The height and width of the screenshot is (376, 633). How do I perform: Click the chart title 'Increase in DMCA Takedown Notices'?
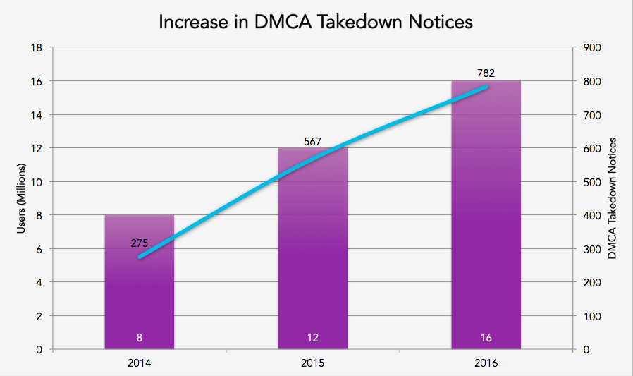coord(315,21)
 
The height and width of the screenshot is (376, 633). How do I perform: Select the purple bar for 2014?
coord(140,296)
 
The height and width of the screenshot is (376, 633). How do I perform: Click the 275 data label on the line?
coord(140,243)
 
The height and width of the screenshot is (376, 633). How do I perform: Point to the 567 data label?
coord(312,142)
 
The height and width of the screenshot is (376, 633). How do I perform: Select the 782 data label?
coord(486,72)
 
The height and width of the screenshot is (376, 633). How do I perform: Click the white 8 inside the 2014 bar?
coord(140,338)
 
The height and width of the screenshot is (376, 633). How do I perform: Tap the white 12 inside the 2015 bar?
coord(312,338)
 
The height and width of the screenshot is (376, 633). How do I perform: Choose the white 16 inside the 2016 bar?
coord(486,338)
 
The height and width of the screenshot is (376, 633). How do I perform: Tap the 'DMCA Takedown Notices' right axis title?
coord(612,198)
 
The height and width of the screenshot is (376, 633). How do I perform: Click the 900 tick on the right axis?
coord(592,48)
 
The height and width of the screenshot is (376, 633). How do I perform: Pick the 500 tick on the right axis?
coord(592,182)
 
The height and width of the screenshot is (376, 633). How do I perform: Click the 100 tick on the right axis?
coord(592,316)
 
